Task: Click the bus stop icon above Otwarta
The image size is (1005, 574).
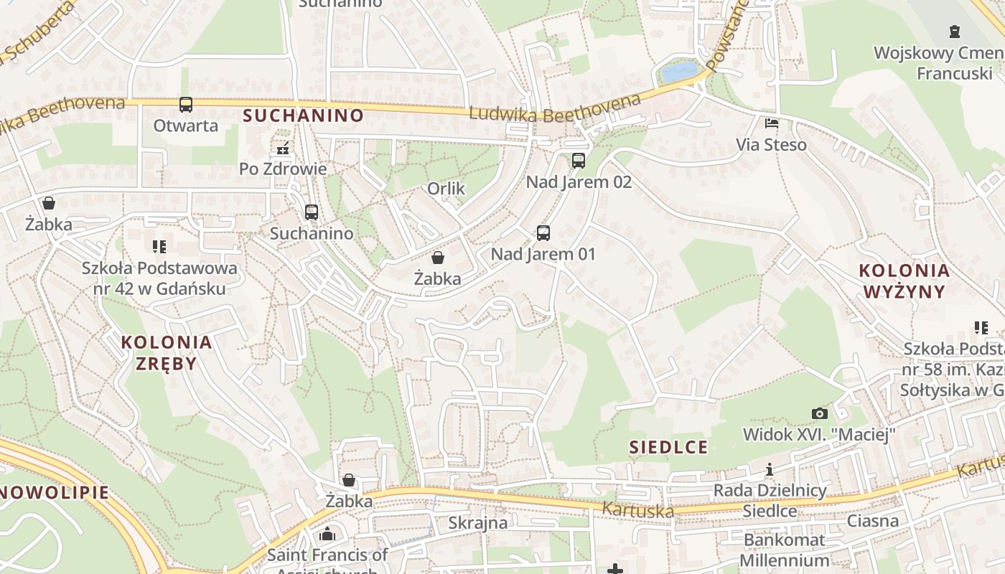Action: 186,105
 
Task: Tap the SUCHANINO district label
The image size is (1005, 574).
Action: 303,116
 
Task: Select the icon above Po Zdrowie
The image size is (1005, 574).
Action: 283,149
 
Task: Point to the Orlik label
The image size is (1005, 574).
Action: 446,189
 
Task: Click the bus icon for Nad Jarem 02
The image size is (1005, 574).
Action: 579,161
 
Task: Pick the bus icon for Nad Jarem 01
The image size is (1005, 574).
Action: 543,233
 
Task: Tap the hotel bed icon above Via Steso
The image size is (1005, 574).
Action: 772,123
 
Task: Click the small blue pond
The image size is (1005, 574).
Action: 679,72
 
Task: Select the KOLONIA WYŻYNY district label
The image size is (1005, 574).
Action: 904,281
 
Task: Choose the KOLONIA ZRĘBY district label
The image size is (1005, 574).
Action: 167,352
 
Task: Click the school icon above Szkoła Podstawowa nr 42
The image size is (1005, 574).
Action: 159,247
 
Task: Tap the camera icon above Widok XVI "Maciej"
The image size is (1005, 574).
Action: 819,413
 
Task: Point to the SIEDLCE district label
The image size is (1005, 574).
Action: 668,447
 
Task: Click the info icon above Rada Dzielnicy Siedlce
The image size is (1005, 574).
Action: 770,470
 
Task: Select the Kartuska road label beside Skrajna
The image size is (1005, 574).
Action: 638,510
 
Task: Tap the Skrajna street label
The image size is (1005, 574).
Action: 477,522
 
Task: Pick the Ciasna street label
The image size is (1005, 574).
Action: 873,520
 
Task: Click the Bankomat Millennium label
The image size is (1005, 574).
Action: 785,550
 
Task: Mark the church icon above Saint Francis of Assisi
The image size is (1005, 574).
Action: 327,534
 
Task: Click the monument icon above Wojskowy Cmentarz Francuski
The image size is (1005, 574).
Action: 954,32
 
